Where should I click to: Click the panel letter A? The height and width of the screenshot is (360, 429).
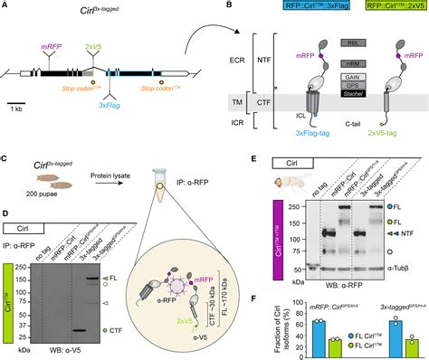tap(6, 6)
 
